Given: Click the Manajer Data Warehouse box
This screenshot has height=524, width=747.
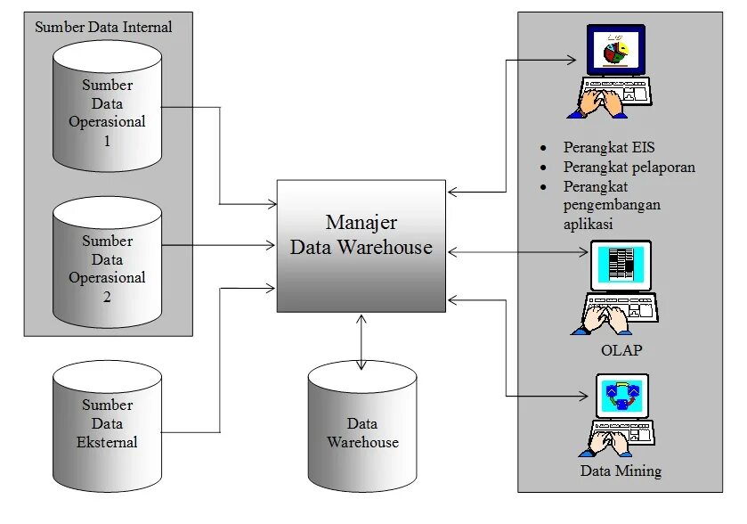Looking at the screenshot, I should tap(361, 246).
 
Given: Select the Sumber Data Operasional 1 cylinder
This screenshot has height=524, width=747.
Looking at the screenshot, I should tap(107, 111).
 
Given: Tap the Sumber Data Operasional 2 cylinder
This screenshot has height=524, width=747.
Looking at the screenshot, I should tap(107, 267).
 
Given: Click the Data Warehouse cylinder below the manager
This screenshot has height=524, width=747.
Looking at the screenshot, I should tap(362, 433).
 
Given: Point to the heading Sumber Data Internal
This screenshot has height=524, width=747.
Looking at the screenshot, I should tap(103, 27).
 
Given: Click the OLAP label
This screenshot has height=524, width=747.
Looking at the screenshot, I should tap(621, 350).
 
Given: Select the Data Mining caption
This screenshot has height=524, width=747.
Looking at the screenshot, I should tap(621, 471).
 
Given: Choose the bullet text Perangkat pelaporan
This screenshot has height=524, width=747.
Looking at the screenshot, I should tap(629, 167).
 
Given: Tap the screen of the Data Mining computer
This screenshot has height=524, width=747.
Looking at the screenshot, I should tap(620, 393).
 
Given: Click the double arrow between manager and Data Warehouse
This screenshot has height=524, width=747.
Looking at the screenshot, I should tap(361, 340).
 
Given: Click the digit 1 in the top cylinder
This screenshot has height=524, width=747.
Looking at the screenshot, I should tap(107, 141).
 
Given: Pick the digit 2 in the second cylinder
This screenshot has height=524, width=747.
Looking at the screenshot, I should tap(107, 297).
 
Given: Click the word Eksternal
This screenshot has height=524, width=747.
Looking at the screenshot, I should tap(107, 442).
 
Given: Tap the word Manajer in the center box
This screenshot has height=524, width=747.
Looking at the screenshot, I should tap(361, 222).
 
